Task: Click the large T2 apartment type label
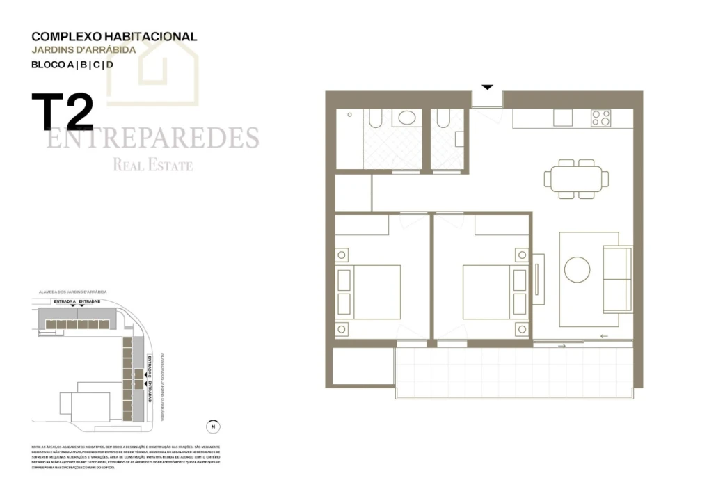click(62, 113)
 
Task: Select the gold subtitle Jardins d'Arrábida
click(83, 50)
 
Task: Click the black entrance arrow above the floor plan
click(487, 87)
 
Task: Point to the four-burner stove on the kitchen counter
click(601, 118)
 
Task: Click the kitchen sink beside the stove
click(562, 118)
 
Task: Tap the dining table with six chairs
click(576, 179)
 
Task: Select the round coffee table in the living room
click(577, 269)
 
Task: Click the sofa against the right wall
click(616, 278)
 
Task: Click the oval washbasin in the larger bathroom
click(405, 118)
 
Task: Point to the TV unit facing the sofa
click(539, 278)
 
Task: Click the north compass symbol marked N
click(214, 427)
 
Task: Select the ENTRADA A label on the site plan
click(64, 301)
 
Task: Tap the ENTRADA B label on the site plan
click(90, 301)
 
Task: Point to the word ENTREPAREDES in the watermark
click(152, 138)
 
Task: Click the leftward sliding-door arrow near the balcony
click(603, 337)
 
